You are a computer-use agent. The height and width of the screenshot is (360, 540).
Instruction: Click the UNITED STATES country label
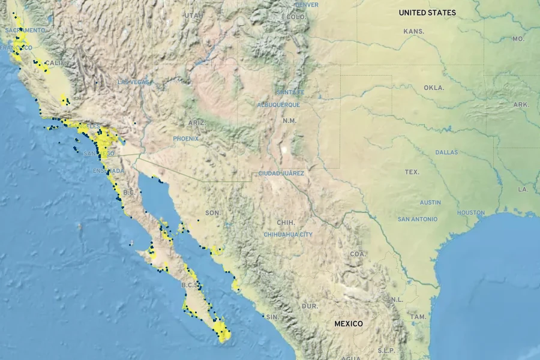coord(427,13)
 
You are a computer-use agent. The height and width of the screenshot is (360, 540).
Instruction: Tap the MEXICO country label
coord(349,324)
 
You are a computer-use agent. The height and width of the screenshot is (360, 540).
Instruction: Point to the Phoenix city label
coord(186,139)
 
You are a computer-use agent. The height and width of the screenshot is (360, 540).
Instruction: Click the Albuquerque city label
coord(278,105)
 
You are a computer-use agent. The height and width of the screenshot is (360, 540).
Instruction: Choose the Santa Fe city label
coord(290,92)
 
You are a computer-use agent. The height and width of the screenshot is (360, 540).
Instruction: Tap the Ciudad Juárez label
coord(281,173)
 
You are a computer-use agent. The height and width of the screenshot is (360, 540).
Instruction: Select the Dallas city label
coord(447,152)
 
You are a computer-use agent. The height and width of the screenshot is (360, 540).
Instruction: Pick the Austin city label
coord(430,203)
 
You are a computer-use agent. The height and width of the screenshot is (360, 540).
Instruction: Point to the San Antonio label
coord(418,220)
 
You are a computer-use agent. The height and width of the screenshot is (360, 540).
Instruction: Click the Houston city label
coord(471,213)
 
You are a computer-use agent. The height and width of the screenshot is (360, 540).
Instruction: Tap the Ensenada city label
coord(109,171)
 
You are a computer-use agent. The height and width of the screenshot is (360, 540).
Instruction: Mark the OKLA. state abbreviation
coord(434,88)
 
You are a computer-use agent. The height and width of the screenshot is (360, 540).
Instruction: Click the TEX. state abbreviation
coord(412,172)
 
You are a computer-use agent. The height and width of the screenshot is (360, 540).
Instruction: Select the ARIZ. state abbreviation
coord(196,123)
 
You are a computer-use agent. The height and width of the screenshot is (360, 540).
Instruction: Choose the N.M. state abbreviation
coord(289,121)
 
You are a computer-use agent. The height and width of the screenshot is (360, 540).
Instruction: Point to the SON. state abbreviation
coord(213,213)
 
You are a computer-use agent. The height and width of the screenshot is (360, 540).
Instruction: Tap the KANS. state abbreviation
coord(414,31)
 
